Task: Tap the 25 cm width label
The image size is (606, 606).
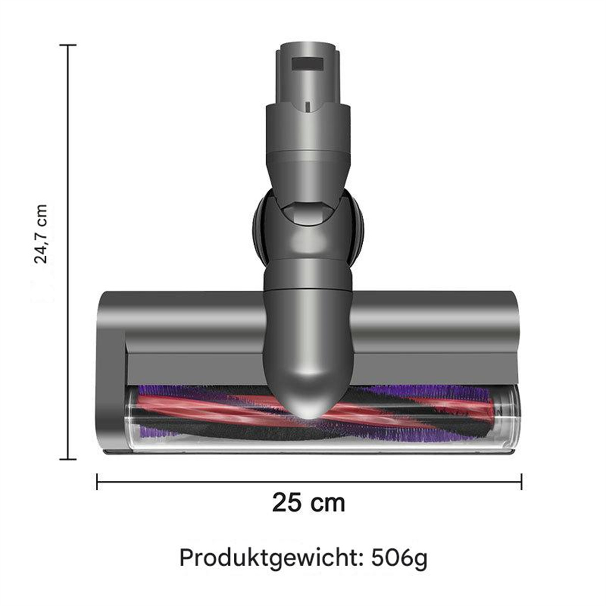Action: pos(308,503)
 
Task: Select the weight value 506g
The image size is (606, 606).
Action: pos(399,559)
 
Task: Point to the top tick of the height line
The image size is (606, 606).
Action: pos(68,45)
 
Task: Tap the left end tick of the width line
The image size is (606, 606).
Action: pos(97,482)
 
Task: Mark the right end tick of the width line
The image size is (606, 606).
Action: pos(521,482)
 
